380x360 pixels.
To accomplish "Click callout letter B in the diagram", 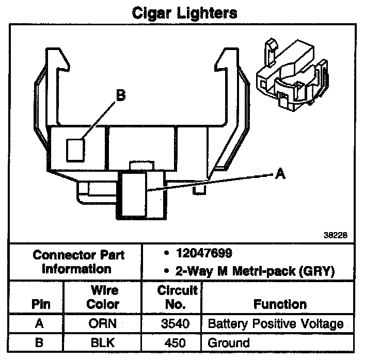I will (120, 96).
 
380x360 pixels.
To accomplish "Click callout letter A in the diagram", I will (280, 175).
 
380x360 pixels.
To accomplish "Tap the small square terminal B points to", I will (75, 150).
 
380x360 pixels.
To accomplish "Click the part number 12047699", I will (203, 253).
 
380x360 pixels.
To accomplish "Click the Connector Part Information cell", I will (78, 261).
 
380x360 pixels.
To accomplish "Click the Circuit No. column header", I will (177, 298).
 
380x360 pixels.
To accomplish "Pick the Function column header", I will (279, 304).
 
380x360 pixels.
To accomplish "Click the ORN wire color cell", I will (102, 324).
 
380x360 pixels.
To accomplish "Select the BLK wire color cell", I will (102, 342).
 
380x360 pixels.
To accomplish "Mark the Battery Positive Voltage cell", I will (275, 324).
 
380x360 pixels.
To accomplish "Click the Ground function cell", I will (229, 342).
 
